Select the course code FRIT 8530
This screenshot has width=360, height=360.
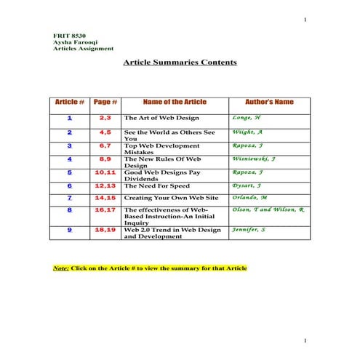click(70, 36)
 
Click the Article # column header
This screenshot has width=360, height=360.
click(70, 102)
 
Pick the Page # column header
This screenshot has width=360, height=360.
click(105, 102)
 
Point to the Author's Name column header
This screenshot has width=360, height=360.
click(269, 102)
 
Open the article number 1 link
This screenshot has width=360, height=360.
click(70, 117)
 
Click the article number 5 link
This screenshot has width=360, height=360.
click(70, 172)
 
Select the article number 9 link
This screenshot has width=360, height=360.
click(70, 230)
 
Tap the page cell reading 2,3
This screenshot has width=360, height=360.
click(105, 117)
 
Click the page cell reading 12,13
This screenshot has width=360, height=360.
click(105, 185)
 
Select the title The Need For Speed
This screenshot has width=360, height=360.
click(155, 186)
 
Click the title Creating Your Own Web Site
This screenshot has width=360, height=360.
click(171, 198)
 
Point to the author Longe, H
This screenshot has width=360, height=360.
click(247, 117)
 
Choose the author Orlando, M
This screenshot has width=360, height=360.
click(249, 197)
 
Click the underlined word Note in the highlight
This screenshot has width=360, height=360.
click(61, 268)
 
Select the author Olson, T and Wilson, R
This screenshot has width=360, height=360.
click(268, 209)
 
